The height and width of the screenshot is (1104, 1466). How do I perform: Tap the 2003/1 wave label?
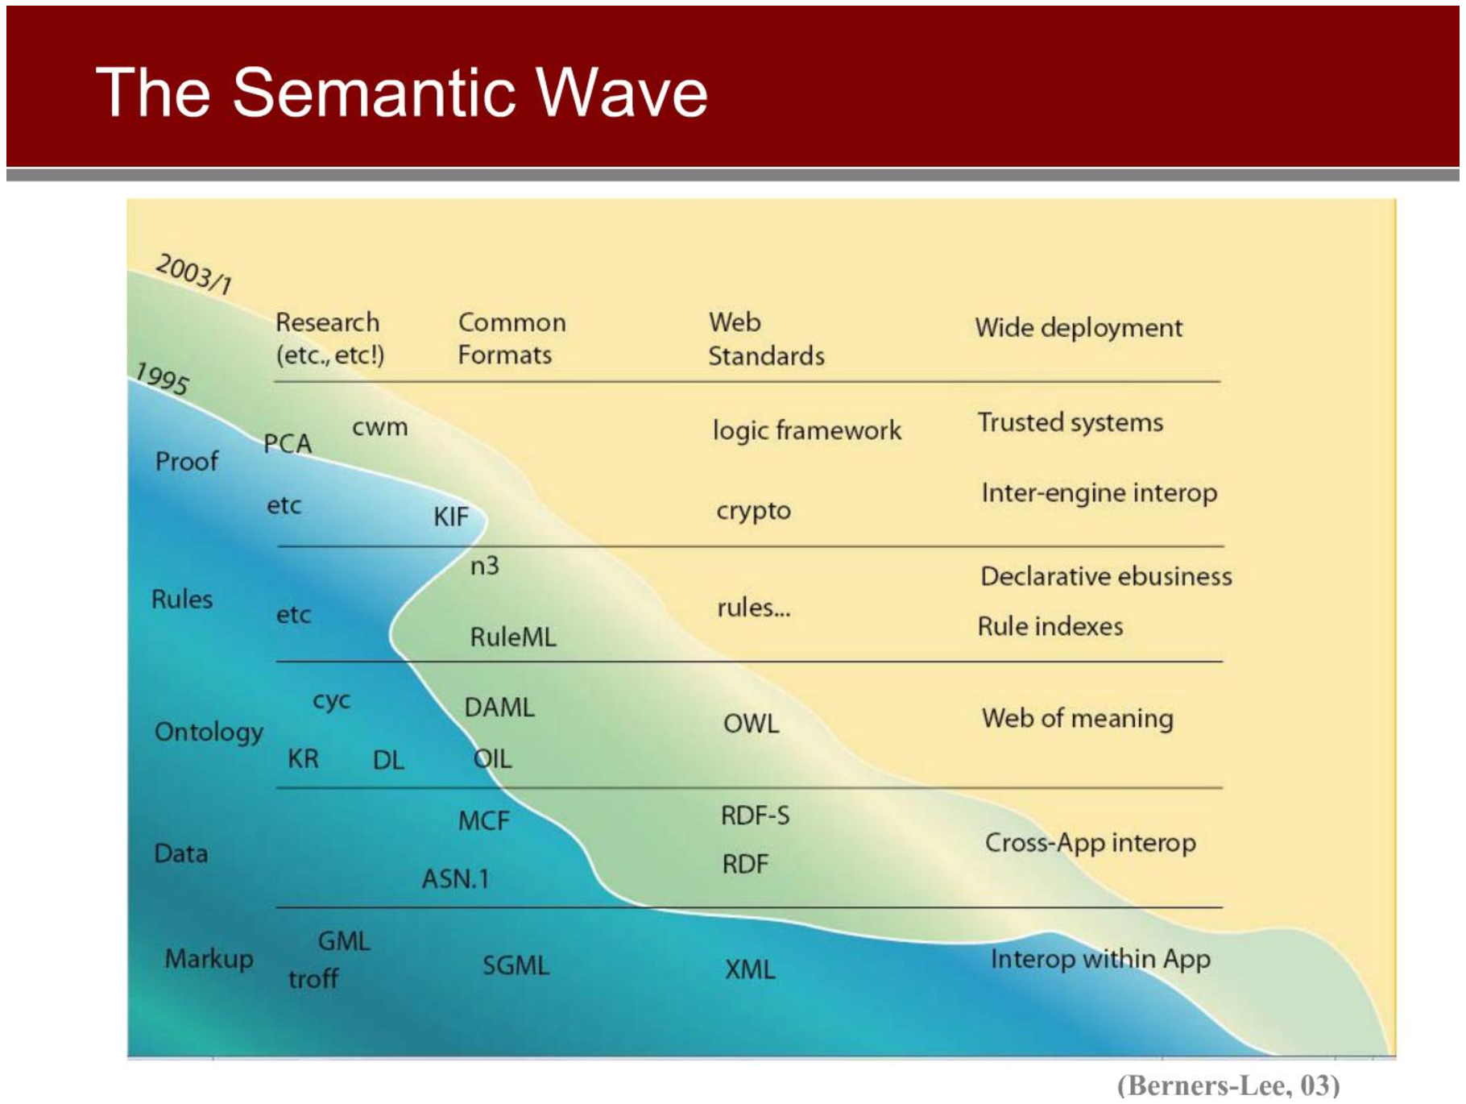pyautogui.click(x=194, y=274)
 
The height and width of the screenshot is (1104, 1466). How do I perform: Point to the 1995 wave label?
pyautogui.click(x=162, y=378)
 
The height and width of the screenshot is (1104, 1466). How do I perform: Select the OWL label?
pyautogui.click(x=751, y=723)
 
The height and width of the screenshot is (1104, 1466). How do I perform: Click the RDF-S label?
pyautogui.click(x=755, y=816)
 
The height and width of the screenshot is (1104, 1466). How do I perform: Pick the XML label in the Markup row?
pyautogui.click(x=749, y=969)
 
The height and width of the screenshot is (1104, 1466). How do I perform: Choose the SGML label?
pyautogui.click(x=516, y=965)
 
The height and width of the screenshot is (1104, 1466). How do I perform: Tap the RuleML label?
pyautogui.click(x=513, y=637)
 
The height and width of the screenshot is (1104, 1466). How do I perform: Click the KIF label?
pyautogui.click(x=451, y=517)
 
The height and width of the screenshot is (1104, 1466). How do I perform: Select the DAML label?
pyautogui.click(x=499, y=707)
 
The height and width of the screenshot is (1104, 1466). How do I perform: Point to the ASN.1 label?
pyautogui.click(x=456, y=878)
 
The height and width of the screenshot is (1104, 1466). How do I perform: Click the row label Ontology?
pyautogui.click(x=209, y=732)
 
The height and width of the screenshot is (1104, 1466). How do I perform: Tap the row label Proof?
pyautogui.click(x=186, y=461)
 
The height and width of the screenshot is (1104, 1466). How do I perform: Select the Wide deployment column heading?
pyautogui.click(x=1079, y=327)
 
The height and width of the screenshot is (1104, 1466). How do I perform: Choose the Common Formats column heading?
pyautogui.click(x=512, y=338)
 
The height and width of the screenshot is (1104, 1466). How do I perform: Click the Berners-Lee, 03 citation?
pyautogui.click(x=1228, y=1085)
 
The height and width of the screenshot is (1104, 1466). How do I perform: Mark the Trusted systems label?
pyautogui.click(x=1071, y=422)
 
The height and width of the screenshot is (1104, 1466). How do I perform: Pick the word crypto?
pyautogui.click(x=753, y=511)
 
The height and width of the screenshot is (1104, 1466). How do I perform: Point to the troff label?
pyautogui.click(x=313, y=978)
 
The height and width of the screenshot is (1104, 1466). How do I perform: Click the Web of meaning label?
pyautogui.click(x=1077, y=718)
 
